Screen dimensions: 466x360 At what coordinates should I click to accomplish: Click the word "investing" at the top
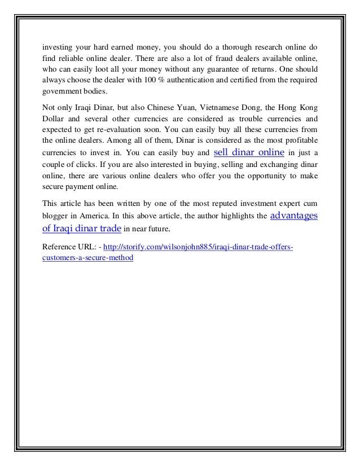click(58, 46)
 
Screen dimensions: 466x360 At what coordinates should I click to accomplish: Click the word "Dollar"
click(54, 119)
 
